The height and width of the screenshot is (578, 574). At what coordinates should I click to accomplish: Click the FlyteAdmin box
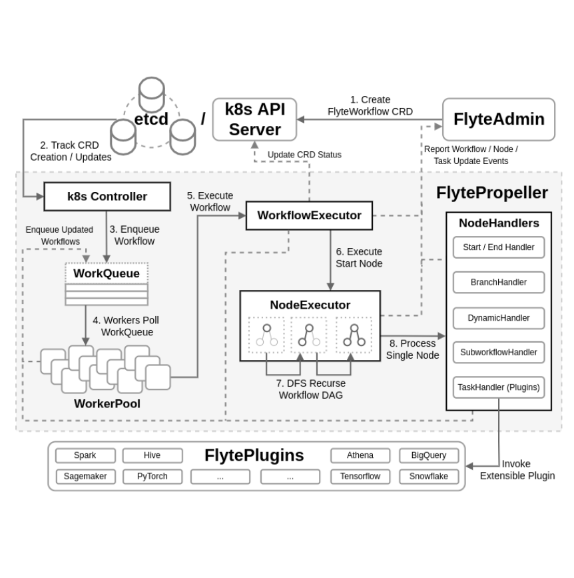click(498, 119)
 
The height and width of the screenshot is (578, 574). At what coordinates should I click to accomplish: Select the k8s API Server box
click(254, 119)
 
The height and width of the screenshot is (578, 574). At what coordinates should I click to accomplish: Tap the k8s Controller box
click(107, 197)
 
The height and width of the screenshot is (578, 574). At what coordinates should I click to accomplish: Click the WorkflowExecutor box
click(309, 215)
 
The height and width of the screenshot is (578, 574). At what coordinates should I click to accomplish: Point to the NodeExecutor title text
click(310, 305)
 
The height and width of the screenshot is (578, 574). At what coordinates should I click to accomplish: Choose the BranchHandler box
click(498, 282)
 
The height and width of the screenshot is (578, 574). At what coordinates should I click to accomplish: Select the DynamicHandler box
click(498, 318)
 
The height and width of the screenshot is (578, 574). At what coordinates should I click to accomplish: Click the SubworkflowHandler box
click(498, 353)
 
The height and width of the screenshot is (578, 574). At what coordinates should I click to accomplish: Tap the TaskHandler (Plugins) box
click(498, 387)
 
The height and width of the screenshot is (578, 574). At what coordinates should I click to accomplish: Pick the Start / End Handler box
click(498, 247)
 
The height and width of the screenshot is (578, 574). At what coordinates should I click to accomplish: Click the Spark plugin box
click(85, 455)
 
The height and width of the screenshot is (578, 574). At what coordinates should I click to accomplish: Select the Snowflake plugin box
click(429, 477)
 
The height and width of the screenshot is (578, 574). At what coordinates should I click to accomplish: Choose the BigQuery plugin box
click(429, 455)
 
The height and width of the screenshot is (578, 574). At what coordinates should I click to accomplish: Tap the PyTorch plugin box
click(152, 477)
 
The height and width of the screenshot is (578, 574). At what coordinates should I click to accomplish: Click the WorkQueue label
click(107, 273)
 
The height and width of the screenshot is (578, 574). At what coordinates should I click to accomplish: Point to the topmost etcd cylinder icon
click(152, 94)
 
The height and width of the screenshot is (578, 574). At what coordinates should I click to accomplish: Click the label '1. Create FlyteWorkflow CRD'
click(370, 105)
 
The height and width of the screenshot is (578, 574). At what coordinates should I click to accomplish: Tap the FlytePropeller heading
click(491, 193)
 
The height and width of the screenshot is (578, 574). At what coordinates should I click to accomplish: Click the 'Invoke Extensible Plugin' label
click(517, 469)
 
